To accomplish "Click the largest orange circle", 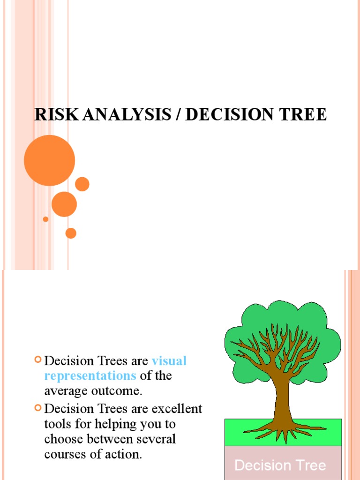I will coord(49,160).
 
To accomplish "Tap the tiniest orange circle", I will coord(45,219).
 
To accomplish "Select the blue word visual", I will coord(169,361).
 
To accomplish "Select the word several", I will coord(153,439).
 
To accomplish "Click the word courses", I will coord(64,454).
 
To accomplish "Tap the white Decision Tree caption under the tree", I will coord(280,465).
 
